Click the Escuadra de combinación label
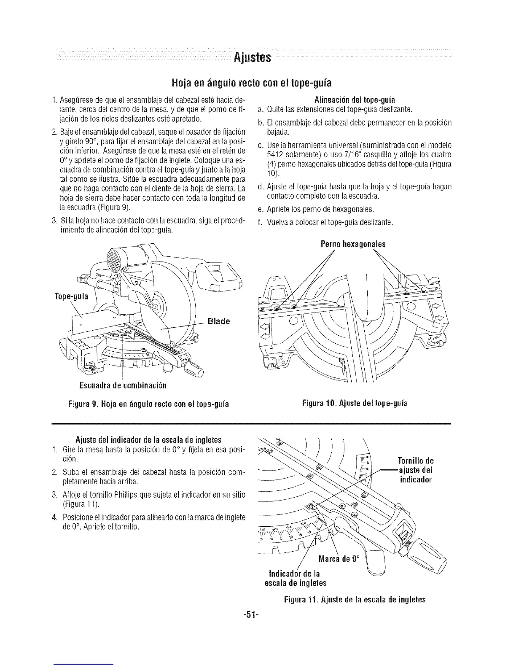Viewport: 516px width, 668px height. tap(121, 385)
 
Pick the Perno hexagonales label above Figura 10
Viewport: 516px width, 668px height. tap(353, 244)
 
